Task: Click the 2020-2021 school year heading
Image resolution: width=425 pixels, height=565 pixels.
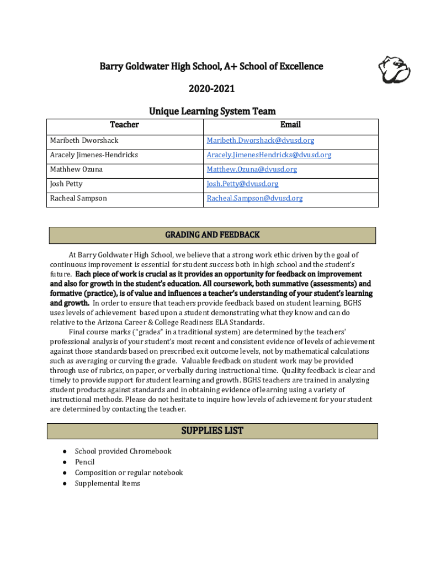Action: (x=211, y=89)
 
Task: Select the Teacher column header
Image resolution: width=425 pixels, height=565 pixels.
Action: (x=124, y=125)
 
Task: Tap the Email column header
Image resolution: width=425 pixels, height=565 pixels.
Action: (x=290, y=125)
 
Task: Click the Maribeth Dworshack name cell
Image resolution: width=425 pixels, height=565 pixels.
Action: (x=84, y=141)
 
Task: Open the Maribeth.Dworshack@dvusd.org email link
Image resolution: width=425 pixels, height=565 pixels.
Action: (x=261, y=141)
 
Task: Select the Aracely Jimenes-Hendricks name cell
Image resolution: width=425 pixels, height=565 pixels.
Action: (x=94, y=155)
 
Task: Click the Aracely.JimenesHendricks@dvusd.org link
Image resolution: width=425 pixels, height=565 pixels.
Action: (x=269, y=155)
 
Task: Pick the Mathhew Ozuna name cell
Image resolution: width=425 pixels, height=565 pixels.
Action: (x=76, y=169)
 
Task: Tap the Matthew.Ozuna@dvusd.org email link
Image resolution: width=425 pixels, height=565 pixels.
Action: (x=252, y=169)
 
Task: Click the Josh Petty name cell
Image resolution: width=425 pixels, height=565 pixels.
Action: (x=66, y=184)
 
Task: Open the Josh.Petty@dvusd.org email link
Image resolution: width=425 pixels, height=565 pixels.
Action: (x=242, y=184)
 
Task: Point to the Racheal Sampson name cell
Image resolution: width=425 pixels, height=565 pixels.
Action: (x=78, y=198)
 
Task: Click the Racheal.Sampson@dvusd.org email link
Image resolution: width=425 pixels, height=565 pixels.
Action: (x=254, y=198)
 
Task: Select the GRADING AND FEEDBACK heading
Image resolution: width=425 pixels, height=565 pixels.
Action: (x=212, y=235)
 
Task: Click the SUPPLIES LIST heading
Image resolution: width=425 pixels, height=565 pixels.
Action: (x=212, y=431)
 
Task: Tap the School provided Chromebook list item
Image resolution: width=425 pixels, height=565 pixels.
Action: (x=123, y=451)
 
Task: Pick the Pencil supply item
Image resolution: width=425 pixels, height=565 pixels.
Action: (x=84, y=462)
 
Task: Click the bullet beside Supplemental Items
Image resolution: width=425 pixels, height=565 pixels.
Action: (x=65, y=484)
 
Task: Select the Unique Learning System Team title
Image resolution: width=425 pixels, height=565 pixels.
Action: (x=212, y=111)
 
